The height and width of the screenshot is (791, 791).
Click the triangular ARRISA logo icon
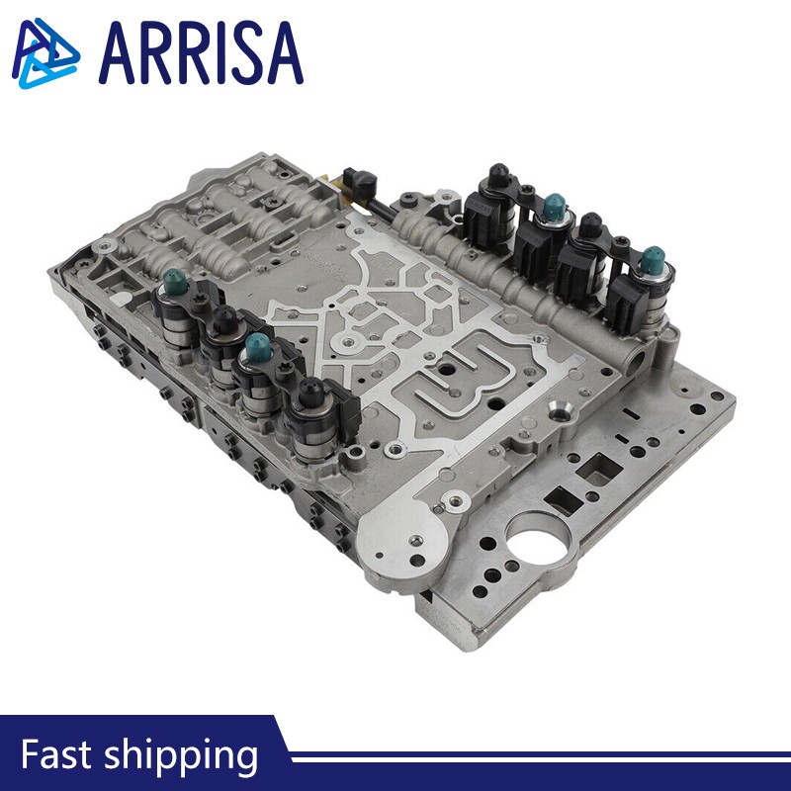tap(44, 53)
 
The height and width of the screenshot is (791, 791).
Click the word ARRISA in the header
tap(201, 52)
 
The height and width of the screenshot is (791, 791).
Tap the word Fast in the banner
tap(55, 753)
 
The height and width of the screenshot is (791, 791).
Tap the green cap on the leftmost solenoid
tap(175, 279)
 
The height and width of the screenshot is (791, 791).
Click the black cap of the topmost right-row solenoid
tap(499, 175)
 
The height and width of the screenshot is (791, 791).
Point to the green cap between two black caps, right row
tap(555, 206)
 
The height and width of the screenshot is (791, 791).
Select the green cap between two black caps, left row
tap(258, 345)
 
